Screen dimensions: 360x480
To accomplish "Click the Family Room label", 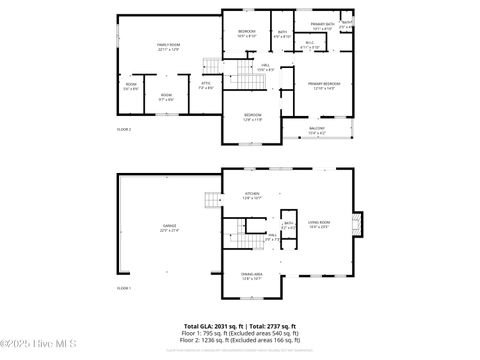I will point(167,47).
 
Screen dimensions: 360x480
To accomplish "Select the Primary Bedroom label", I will point(322,85).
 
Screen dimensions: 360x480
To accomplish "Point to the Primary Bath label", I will point(321,26).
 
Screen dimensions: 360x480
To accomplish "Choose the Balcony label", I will point(317,130).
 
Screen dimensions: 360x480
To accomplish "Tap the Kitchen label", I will point(252,196).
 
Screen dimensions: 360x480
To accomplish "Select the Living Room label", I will point(319,224).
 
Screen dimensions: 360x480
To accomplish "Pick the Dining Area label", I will point(251,276).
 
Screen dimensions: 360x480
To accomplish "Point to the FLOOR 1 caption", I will point(124,288).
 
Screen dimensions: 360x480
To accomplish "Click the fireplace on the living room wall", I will point(360,223).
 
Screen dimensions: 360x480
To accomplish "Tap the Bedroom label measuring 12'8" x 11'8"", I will point(252,117).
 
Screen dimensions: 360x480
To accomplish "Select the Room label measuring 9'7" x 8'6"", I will point(166,97).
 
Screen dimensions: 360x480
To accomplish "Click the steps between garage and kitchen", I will point(213,200).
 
